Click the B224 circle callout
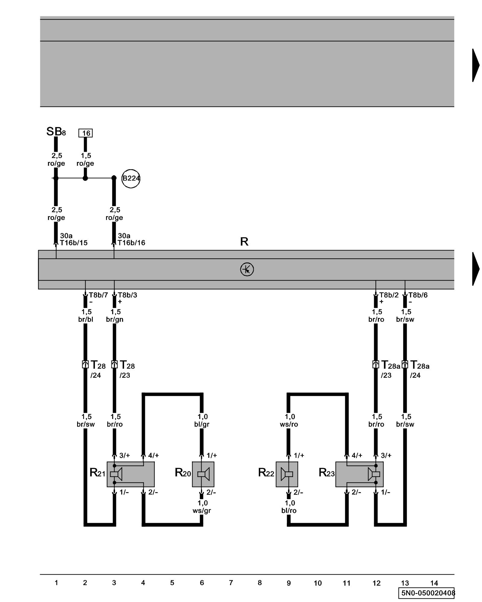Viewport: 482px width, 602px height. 131,178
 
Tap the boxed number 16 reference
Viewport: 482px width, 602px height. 86,133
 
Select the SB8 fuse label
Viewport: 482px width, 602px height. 56,132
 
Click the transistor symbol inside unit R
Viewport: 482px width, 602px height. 247,269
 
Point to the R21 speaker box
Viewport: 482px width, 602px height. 130,474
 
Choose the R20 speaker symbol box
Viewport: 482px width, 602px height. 203,474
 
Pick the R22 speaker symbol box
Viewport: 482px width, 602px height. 287,474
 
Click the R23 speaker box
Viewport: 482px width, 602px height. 359,474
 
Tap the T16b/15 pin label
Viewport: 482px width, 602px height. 74,243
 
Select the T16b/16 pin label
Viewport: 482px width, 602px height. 131,243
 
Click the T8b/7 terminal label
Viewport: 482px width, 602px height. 98,295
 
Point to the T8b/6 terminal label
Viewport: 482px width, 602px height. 418,295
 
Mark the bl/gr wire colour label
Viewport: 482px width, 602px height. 202,424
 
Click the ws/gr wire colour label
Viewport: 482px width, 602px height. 202,511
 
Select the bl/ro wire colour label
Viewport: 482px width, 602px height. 289,511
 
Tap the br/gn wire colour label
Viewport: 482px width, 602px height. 114,320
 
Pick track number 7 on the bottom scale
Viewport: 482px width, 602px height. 231,583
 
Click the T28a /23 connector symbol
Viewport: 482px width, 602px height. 375,365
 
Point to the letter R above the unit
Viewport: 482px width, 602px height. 244,242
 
